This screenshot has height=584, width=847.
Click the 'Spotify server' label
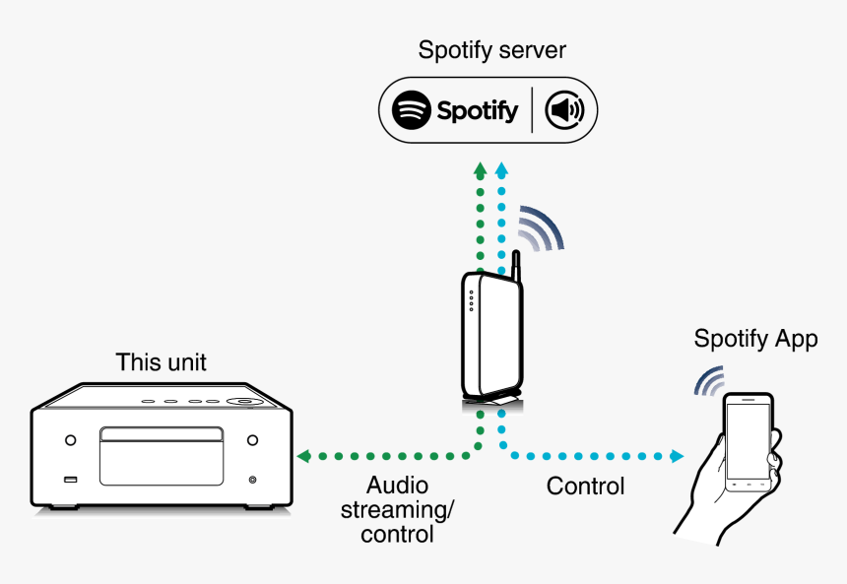point(491,50)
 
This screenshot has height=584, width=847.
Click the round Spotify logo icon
point(412,110)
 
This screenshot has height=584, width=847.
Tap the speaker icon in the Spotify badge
point(564,110)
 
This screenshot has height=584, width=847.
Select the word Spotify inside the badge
point(478,110)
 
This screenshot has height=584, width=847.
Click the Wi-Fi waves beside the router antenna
point(541,229)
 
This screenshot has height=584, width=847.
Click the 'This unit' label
point(162,362)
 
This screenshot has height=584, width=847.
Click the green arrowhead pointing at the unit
point(303,456)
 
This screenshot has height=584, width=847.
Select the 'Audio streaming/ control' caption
point(397,510)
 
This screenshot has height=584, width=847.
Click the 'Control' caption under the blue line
point(585,487)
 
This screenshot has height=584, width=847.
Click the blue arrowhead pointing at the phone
point(677,456)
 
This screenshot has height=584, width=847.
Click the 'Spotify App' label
point(755,340)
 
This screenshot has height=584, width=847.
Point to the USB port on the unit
point(70,480)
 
